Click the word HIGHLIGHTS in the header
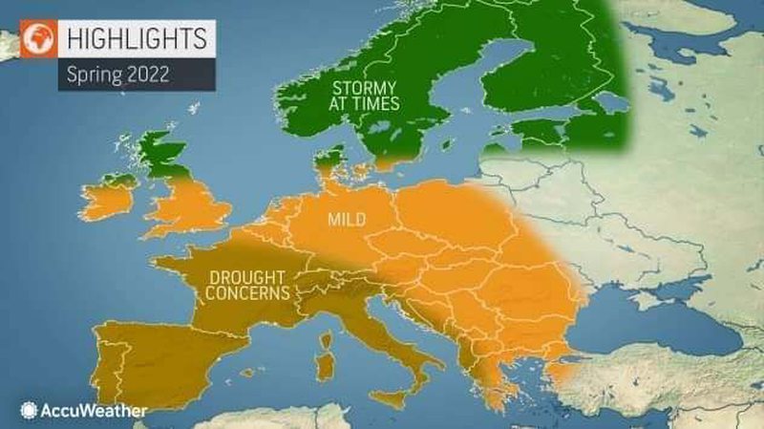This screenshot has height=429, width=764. click(x=135, y=39)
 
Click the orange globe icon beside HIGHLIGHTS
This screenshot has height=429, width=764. click(x=40, y=40)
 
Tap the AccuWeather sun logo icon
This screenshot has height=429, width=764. click(x=28, y=411)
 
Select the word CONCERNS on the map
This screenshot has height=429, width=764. click(x=244, y=293)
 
